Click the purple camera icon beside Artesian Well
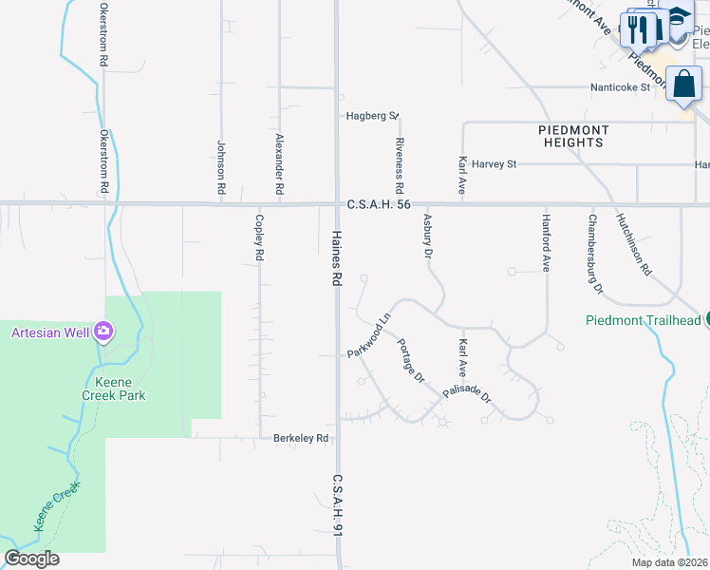pos(103,332)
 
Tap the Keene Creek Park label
pos(112,388)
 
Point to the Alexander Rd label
pos(280,164)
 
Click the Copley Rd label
pos(258,238)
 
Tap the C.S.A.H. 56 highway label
pos(379,204)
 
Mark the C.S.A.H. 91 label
pos(336,506)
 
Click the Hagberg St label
pos(371,116)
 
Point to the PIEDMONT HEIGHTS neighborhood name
pos(571,136)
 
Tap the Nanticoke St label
pos(619,87)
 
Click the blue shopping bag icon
pos(683,84)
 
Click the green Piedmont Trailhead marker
pos(706,319)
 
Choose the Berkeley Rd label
pos(301,438)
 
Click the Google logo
pos(31,559)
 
